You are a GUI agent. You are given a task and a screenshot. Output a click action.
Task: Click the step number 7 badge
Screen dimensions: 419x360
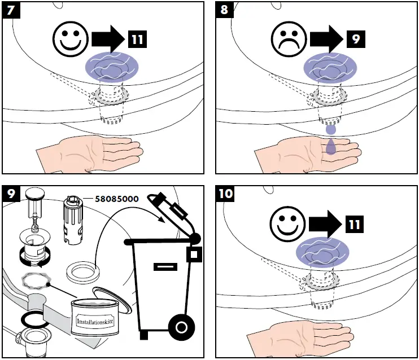tap(11, 10)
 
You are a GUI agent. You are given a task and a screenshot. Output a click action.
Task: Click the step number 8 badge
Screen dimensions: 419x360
tap(224, 10)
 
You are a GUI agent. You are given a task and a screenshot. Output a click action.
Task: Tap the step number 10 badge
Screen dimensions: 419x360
tap(225, 194)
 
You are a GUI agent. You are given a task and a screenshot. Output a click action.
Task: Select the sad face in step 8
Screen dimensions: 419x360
tap(289, 39)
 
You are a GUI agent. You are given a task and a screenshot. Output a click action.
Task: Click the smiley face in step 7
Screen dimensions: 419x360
tap(71, 39)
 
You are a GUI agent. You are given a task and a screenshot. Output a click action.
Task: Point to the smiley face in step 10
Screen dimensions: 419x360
tap(287, 224)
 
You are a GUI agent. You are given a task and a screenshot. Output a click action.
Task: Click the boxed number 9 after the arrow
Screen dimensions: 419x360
tap(356, 39)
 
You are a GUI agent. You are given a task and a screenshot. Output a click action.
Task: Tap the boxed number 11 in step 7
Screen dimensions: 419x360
tap(137, 39)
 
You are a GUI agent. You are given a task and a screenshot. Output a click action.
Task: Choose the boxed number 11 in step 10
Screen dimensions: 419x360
tap(354, 224)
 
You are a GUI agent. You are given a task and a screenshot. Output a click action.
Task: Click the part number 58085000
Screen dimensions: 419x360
tap(117, 199)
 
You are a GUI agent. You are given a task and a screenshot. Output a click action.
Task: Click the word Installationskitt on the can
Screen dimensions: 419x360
tap(95, 322)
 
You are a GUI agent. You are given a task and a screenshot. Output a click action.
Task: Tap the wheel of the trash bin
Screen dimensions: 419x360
tap(181, 327)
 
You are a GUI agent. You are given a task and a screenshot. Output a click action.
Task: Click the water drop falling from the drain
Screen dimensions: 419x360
tap(331, 130)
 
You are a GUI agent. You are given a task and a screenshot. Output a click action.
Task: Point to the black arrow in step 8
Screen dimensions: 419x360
tap(326, 39)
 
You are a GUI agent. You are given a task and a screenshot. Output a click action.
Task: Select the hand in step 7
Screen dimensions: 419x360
tap(90, 153)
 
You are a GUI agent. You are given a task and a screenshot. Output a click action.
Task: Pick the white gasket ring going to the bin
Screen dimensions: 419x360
tap(83, 273)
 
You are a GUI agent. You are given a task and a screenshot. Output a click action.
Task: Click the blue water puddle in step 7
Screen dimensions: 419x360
tap(112, 67)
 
